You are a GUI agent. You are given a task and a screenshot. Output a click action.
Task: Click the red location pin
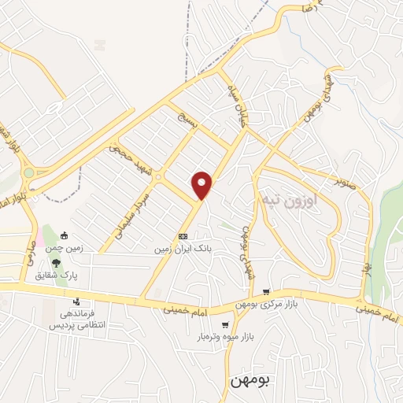pos(203,185)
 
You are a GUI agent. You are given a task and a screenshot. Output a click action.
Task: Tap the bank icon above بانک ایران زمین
pos(183,235)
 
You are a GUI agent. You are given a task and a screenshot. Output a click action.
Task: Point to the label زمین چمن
pos(65,247)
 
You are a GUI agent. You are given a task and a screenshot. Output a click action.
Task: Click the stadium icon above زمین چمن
pos(65,235)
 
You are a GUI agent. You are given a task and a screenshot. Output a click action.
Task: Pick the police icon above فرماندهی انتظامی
pos(76,301)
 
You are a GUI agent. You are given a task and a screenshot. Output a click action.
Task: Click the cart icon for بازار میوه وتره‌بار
pos(225,324)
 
